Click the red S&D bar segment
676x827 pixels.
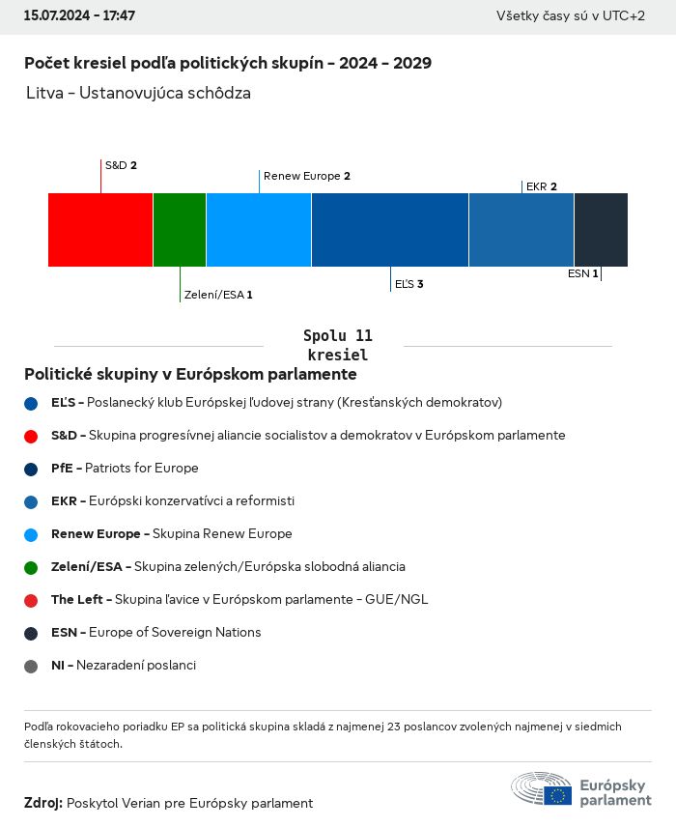pyautogui.click(x=100, y=230)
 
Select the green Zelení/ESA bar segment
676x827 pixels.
pyautogui.click(x=180, y=230)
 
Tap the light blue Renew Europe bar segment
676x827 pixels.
pyautogui.click(x=259, y=230)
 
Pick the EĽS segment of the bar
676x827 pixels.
pyautogui.click(x=390, y=230)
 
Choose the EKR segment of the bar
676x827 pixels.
pyautogui.click(x=521, y=230)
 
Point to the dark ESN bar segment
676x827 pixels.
pyautogui.click(x=601, y=230)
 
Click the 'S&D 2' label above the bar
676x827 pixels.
pyautogui.click(x=121, y=165)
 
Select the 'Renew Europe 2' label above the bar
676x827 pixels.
pyautogui.click(x=306, y=176)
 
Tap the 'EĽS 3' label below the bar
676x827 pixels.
pyautogui.click(x=409, y=284)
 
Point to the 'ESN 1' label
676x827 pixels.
pyautogui.click(x=582, y=273)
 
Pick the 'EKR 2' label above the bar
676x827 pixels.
pyautogui.click(x=542, y=186)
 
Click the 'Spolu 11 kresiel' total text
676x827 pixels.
pyautogui.click(x=337, y=345)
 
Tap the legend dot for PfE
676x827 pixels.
pyautogui.click(x=32, y=469)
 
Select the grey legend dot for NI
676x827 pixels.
pyautogui.click(x=32, y=666)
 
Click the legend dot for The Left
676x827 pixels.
pyautogui.click(x=32, y=600)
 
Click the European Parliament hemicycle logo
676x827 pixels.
pyautogui.click(x=541, y=788)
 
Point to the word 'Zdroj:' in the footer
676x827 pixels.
pyautogui.click(x=43, y=803)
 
